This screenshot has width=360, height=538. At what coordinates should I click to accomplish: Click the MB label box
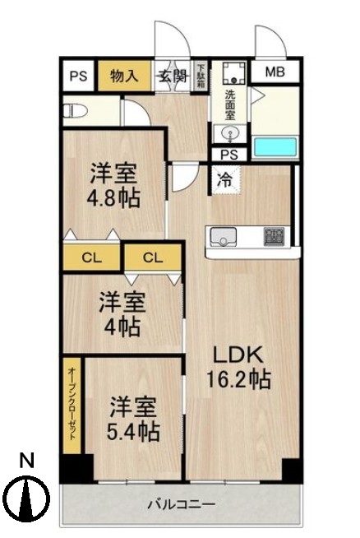(275, 72)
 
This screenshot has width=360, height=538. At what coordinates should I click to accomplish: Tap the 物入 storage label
(123, 77)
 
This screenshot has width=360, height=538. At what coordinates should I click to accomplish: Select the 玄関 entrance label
(173, 77)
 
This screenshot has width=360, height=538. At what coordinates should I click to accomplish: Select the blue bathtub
(274, 147)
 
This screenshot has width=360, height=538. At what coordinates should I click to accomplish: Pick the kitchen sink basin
(223, 237)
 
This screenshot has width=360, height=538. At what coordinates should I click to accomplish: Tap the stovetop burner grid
(273, 236)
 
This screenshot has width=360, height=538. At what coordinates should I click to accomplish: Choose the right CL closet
(153, 257)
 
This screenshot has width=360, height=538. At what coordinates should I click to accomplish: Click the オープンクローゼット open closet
(72, 403)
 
